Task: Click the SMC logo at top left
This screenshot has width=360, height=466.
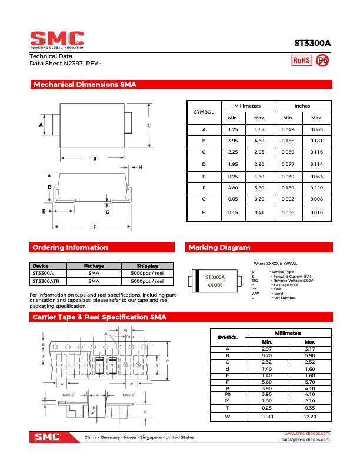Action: (x=57, y=39)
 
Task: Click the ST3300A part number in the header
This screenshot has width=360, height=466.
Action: (x=312, y=44)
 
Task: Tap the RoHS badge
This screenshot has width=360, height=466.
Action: (x=302, y=60)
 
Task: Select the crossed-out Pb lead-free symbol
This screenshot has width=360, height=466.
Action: (x=322, y=60)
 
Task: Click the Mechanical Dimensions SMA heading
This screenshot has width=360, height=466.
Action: (x=85, y=85)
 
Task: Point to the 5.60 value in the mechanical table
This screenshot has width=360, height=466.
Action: (x=259, y=188)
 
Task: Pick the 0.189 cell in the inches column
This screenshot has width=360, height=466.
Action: (x=288, y=188)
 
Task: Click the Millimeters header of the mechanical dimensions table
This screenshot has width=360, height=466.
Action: (x=247, y=106)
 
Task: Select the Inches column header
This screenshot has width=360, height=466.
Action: (x=302, y=106)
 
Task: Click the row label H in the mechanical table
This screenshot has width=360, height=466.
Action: (x=204, y=212)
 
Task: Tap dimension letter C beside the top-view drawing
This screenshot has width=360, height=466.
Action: (x=149, y=125)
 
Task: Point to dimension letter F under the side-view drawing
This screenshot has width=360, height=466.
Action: (x=94, y=227)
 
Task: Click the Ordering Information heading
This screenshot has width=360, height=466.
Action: (x=70, y=248)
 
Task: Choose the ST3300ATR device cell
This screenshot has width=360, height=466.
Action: (x=45, y=281)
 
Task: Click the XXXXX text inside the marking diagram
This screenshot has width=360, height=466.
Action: (x=215, y=285)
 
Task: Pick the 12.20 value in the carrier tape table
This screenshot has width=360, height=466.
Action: (x=310, y=417)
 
